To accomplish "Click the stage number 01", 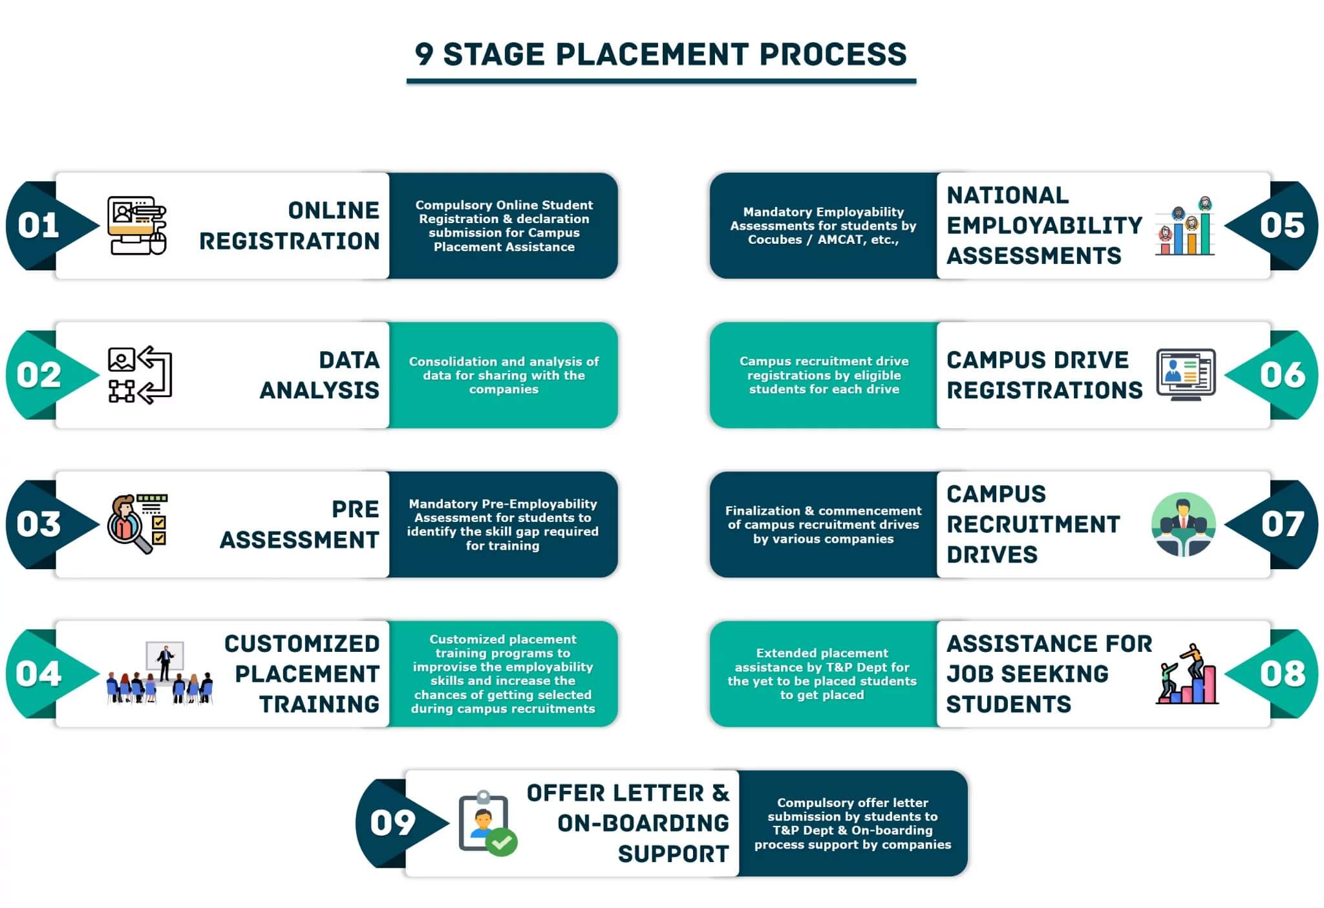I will [x=38, y=225].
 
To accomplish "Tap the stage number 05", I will [x=1282, y=225].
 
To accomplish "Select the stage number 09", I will [x=392, y=823].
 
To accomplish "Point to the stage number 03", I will [x=38, y=524].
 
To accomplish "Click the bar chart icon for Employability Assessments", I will [x=1185, y=226].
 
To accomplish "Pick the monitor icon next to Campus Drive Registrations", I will [x=1186, y=374].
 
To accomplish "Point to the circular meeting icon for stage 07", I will [x=1183, y=524].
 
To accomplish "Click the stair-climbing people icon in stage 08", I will [x=1187, y=674].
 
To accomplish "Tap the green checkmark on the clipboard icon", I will [x=502, y=842].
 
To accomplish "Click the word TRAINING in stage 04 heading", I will [x=319, y=704].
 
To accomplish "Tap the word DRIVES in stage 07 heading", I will [x=992, y=555].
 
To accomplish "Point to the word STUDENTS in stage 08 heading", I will [x=1009, y=704].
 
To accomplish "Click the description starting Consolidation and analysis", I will [x=504, y=375].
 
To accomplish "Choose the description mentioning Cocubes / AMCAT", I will [x=823, y=226].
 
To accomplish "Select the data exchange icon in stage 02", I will [x=140, y=375].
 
